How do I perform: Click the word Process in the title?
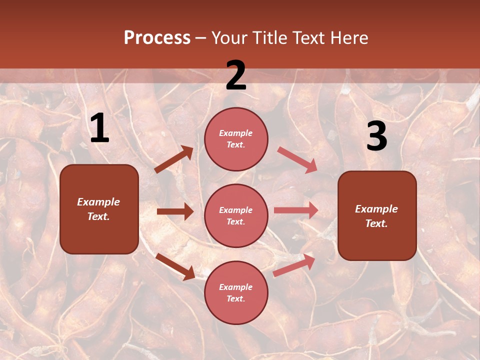[x=157, y=38]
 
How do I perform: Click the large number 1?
[x=99, y=128]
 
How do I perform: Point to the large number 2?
[x=236, y=75]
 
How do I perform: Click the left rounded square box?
[x=99, y=209]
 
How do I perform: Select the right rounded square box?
[x=377, y=215]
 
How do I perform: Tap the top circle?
[x=236, y=139]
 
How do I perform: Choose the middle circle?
[x=236, y=215]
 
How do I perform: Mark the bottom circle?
[x=236, y=292]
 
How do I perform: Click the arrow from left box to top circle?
[x=174, y=159]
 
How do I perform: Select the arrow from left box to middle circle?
[x=175, y=212]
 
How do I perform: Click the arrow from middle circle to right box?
[x=296, y=210]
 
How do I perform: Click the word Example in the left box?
[x=98, y=202]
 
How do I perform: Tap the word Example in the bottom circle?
[x=236, y=287]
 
